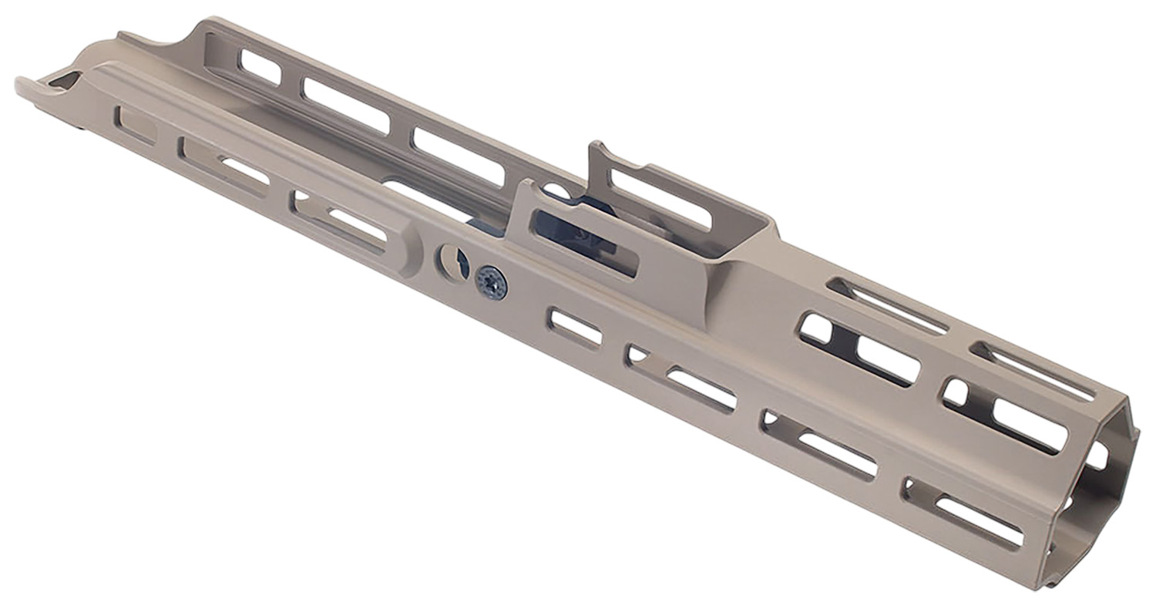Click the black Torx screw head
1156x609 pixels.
(x=491, y=282)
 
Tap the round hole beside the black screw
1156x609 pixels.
(x=452, y=263)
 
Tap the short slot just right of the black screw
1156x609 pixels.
(x=574, y=328)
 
